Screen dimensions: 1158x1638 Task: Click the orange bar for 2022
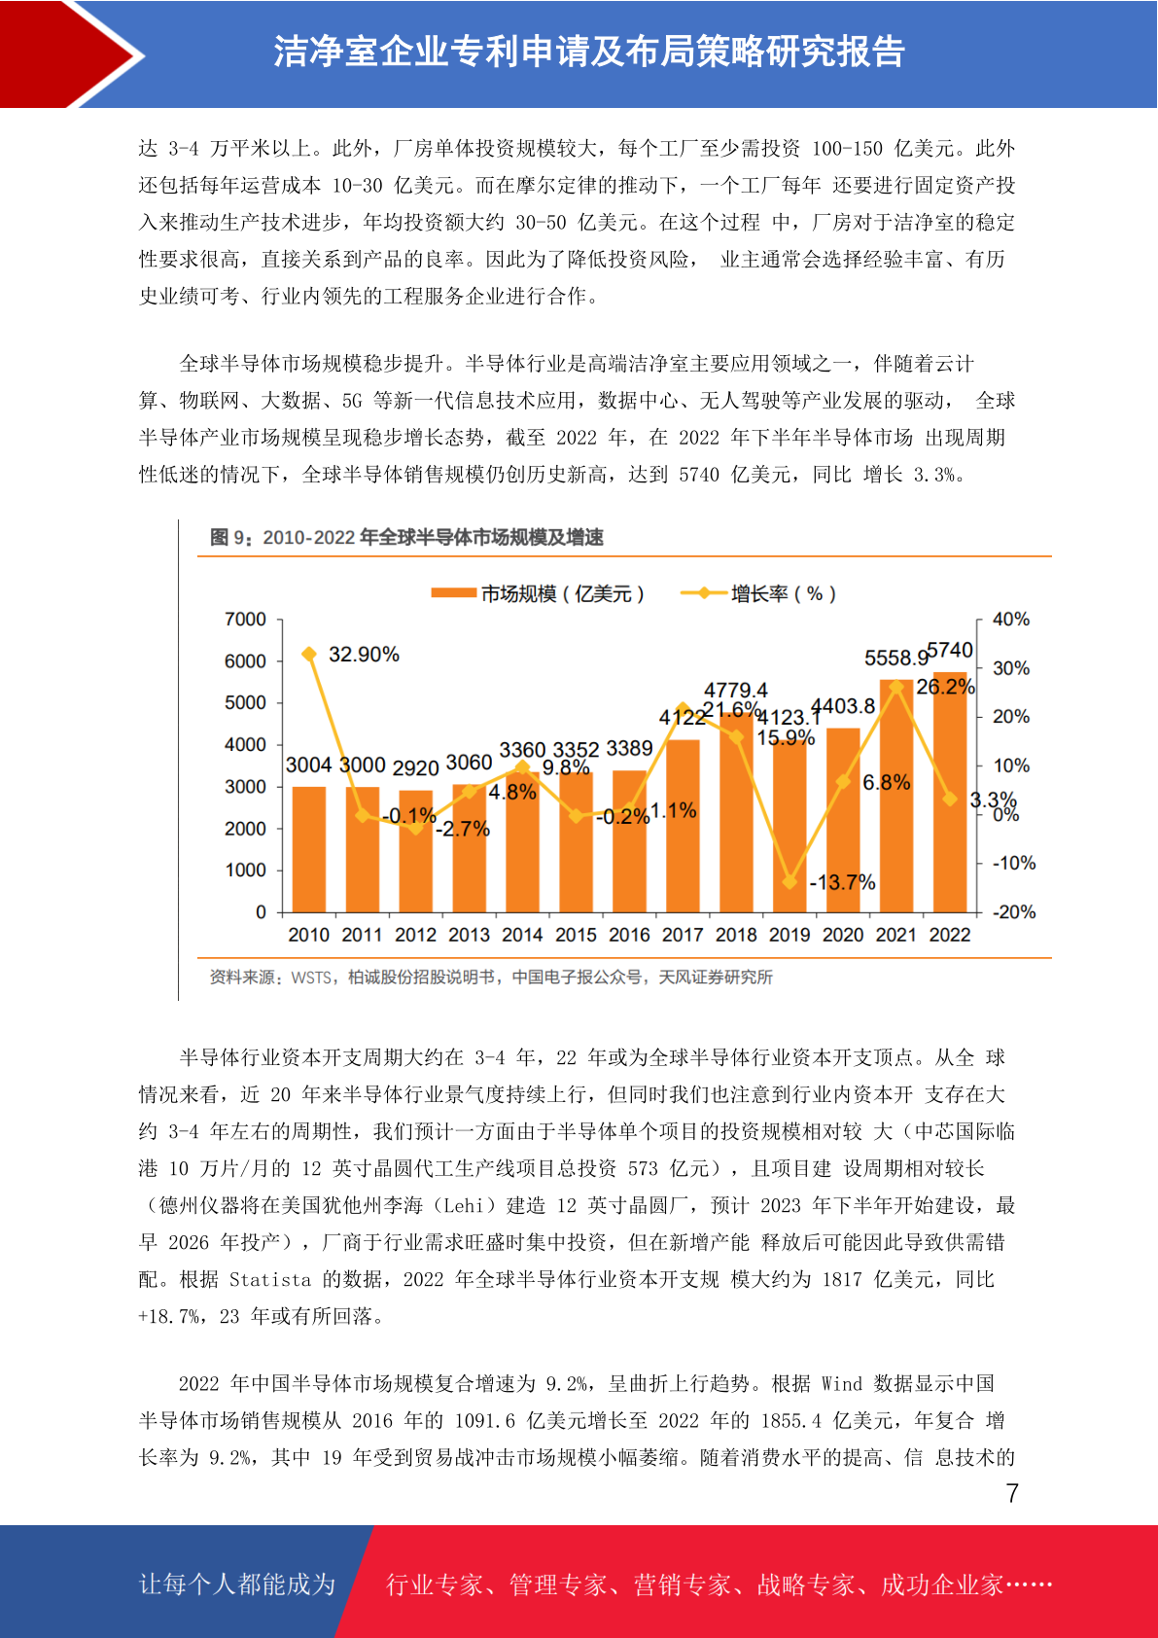coord(950,792)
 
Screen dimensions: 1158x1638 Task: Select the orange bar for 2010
coord(308,849)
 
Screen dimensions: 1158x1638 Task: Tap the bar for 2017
coord(683,826)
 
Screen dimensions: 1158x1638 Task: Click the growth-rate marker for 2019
coord(790,882)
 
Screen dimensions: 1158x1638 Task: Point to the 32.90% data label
coord(364,655)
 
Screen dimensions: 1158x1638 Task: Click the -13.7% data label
coord(842,882)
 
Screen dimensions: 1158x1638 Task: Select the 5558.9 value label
coord(896,659)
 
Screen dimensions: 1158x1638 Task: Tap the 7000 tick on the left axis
coord(245,620)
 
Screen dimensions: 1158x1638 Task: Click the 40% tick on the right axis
coord(1011,620)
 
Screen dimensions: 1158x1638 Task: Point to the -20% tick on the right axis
coord(1014,911)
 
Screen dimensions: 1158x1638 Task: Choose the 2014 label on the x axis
coord(522,935)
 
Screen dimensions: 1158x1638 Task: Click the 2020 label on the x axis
coord(843,935)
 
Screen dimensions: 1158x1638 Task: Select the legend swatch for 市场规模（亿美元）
coord(453,593)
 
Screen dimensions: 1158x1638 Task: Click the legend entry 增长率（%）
coord(758,593)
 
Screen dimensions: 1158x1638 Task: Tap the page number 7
coord(1012,1493)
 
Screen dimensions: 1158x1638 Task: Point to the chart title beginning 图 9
coord(406,538)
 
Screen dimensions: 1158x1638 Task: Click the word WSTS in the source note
coord(311,978)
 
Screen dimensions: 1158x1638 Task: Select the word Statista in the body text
coord(270,1280)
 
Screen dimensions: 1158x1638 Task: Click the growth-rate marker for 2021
coord(896,687)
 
